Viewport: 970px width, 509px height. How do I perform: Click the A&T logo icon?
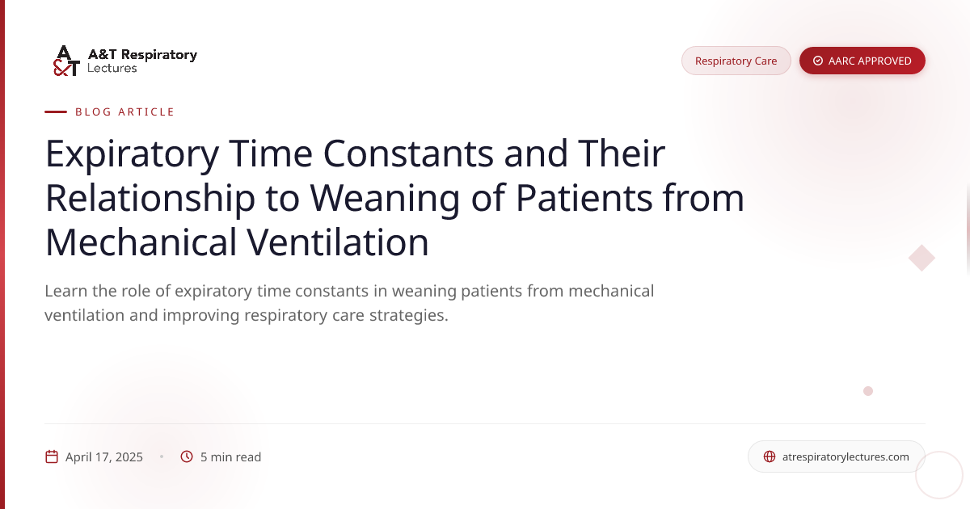66,61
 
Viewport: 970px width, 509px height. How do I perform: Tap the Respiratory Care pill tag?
736,61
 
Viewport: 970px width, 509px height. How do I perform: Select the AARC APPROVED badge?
862,61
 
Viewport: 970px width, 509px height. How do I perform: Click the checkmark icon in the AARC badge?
818,61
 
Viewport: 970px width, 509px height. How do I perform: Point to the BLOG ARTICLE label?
124,111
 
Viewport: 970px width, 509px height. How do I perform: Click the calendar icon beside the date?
52,456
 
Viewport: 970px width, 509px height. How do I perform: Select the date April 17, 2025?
104,456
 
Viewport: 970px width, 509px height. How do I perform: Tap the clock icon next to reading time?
187,456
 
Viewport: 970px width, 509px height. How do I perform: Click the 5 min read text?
230,456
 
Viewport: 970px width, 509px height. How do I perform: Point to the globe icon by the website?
770,456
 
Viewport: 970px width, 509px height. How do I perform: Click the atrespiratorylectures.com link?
846,456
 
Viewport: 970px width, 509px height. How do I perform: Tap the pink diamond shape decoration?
921,259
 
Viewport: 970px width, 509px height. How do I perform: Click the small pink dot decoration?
868,391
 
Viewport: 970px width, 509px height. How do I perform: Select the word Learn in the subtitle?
67,291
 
